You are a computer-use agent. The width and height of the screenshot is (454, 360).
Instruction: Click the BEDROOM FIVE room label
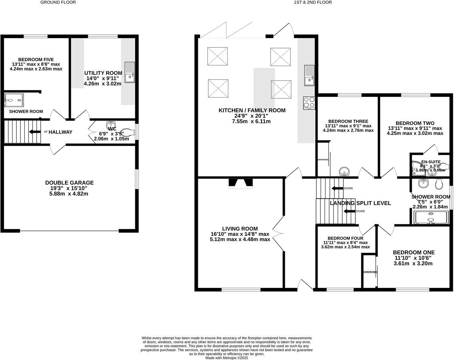36,60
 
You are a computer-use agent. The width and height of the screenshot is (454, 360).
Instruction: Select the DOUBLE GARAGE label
69,183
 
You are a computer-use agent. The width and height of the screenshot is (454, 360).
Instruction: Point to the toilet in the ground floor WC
127,132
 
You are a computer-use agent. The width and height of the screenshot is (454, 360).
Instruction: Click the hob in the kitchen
309,103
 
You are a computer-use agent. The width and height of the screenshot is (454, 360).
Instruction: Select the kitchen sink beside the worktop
309,75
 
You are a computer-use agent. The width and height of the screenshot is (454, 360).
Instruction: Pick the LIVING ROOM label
240,229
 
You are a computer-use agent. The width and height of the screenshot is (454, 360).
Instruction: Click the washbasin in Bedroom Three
344,171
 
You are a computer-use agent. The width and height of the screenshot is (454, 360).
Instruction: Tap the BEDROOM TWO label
415,123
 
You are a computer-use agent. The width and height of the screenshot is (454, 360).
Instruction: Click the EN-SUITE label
430,162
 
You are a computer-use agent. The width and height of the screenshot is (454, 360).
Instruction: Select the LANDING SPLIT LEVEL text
360,203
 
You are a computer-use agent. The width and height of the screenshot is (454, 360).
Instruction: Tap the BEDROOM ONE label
414,253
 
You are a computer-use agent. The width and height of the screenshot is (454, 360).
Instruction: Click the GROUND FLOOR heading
58,2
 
